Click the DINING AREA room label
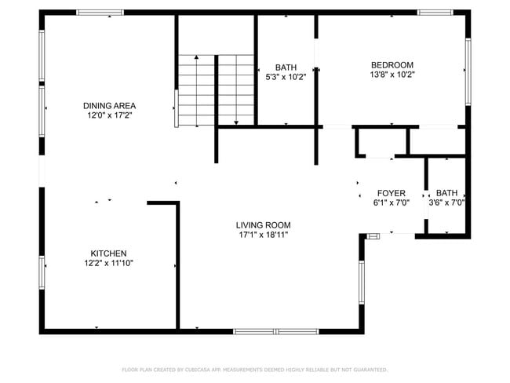110,105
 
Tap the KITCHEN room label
108,254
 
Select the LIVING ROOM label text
264,224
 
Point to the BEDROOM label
392,65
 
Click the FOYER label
391,193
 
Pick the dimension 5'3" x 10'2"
285,77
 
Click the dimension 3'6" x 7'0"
446,202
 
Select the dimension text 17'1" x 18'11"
264,235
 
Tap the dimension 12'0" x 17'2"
110,115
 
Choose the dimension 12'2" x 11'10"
108,264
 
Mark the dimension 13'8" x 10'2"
392,75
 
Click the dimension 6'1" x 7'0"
391,202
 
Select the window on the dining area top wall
100,13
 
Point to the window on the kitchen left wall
42,272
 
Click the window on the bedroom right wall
468,72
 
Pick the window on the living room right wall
362,283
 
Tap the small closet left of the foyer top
381,142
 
